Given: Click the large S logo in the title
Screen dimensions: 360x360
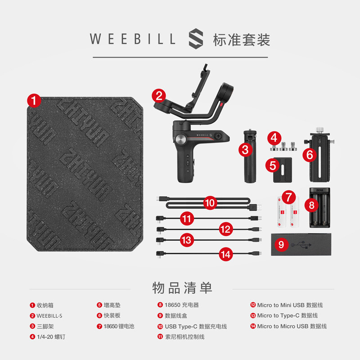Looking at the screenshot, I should tap(196, 39).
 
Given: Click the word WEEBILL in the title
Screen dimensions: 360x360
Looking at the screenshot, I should tap(133, 39).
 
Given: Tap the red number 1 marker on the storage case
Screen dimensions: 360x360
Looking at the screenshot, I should tap(34, 100).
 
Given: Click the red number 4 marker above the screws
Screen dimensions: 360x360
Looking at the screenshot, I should tap(275, 137).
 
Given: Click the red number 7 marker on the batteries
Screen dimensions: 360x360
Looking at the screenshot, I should tap(288, 197).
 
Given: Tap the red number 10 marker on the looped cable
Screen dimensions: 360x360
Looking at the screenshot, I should tap(210, 203).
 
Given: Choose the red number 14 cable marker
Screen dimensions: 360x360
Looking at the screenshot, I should tap(226, 254).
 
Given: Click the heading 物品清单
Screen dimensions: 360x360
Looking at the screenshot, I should tap(182, 287).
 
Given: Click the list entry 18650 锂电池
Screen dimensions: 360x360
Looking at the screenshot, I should tap(119, 326).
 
